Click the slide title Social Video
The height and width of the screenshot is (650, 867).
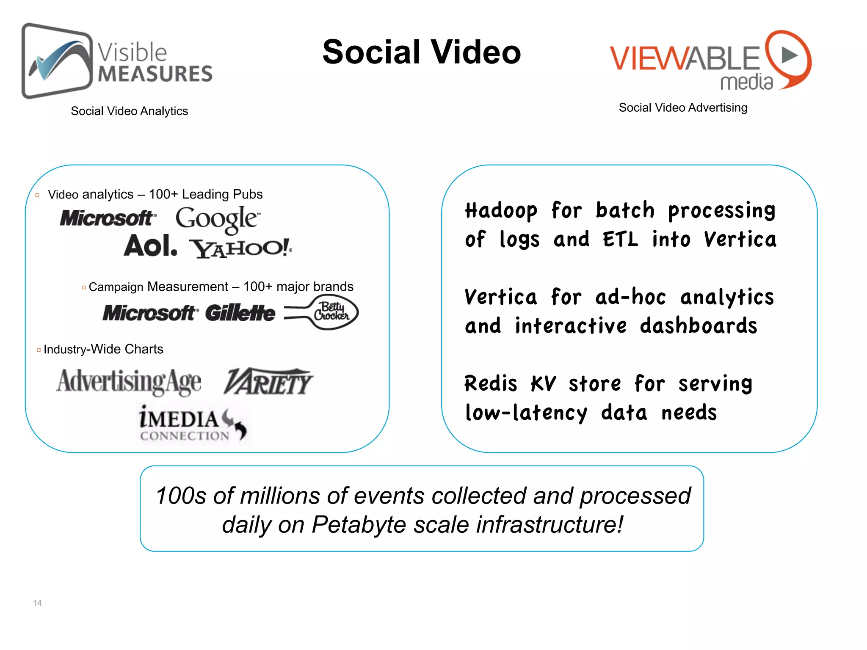click(421, 52)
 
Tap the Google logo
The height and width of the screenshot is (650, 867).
click(218, 219)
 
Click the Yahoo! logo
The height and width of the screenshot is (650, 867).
click(240, 248)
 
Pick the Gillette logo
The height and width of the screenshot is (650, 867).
click(240, 313)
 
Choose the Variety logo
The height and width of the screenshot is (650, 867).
click(268, 382)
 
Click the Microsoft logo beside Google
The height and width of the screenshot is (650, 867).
click(108, 218)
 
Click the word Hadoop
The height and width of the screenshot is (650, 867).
click(501, 211)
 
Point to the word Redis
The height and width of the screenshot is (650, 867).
click(491, 384)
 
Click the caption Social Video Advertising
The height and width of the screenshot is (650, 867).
click(683, 107)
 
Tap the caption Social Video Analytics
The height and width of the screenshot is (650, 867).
click(129, 111)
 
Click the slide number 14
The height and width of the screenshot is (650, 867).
click(37, 603)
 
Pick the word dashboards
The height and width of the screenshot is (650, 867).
click(698, 326)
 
